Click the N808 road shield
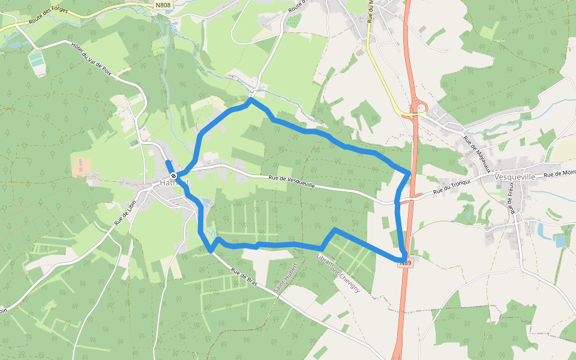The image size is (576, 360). pyautogui.click(x=162, y=5)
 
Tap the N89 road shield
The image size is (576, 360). pyautogui.click(x=406, y=263)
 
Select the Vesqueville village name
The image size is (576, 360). pyautogui.click(x=518, y=177)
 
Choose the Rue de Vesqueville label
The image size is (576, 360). pyautogui.click(x=292, y=181)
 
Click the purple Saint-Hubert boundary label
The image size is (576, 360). pyautogui.click(x=286, y=277)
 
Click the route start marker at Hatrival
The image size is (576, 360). pyautogui.click(x=173, y=175)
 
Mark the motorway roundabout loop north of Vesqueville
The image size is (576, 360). pyautogui.click(x=419, y=109)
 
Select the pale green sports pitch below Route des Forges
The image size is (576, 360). pyautogui.click(x=37, y=59)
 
